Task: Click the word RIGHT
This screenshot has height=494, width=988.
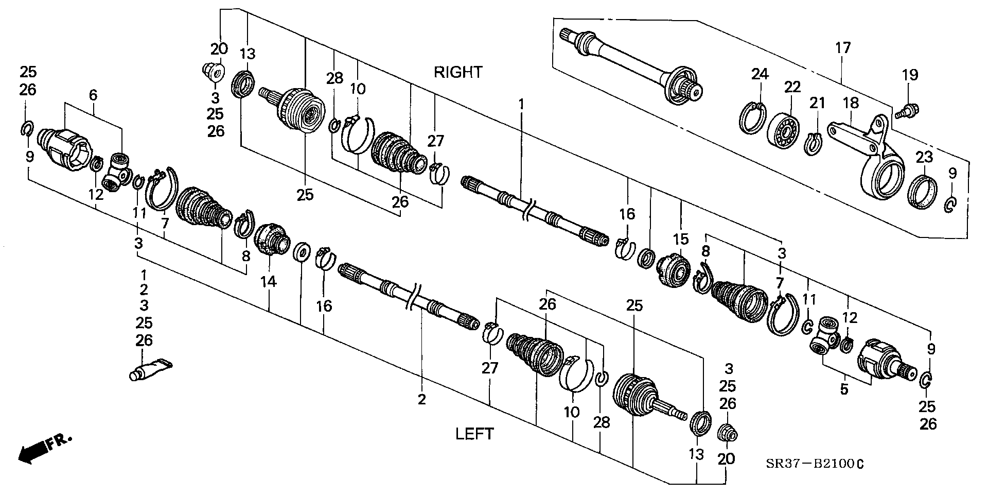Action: pyautogui.click(x=458, y=72)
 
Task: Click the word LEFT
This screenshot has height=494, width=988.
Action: pyautogui.click(x=474, y=434)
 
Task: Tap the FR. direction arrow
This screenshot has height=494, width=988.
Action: pyautogui.click(x=44, y=447)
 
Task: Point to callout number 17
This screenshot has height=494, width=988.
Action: pyautogui.click(x=843, y=48)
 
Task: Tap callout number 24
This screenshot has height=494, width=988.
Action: pyautogui.click(x=760, y=75)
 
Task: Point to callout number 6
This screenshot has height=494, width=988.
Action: pyautogui.click(x=93, y=95)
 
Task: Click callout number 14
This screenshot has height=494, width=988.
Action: pyautogui.click(x=269, y=282)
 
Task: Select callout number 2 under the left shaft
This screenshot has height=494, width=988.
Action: pyautogui.click(x=422, y=399)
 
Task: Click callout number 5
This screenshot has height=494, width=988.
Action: pyautogui.click(x=844, y=389)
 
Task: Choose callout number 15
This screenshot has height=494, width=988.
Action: pyautogui.click(x=680, y=240)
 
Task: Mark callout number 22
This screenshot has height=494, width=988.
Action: pyautogui.click(x=792, y=87)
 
